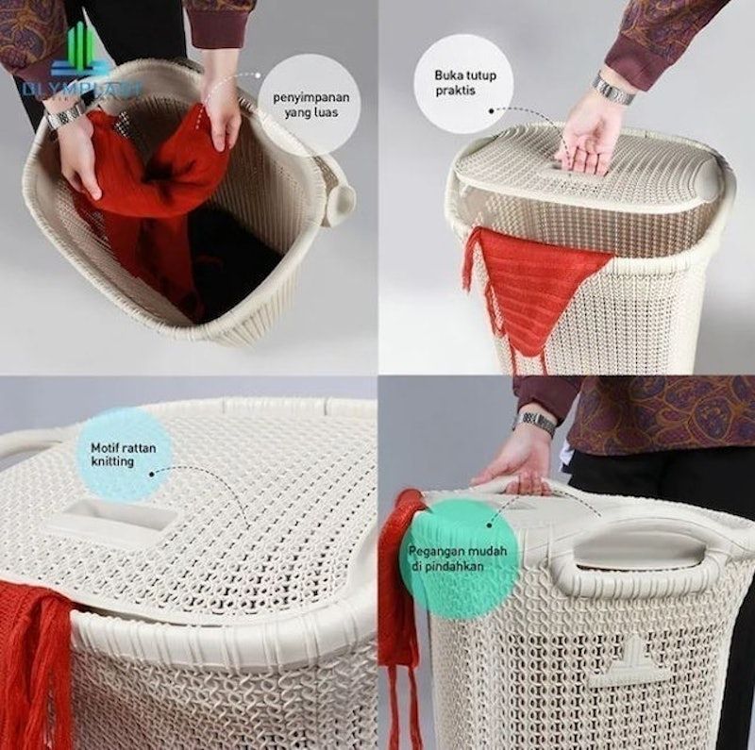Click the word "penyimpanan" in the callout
(310, 97)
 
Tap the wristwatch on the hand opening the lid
(614, 90)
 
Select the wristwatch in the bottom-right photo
(537, 424)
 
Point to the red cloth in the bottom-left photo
(35, 660)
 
